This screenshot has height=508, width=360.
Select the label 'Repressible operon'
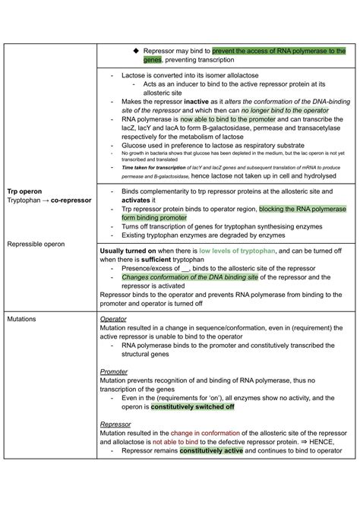point(35,245)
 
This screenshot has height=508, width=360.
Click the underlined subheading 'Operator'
point(113,319)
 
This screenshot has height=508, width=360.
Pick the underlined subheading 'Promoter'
point(114,372)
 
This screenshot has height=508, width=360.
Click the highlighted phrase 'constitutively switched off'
point(192,406)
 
